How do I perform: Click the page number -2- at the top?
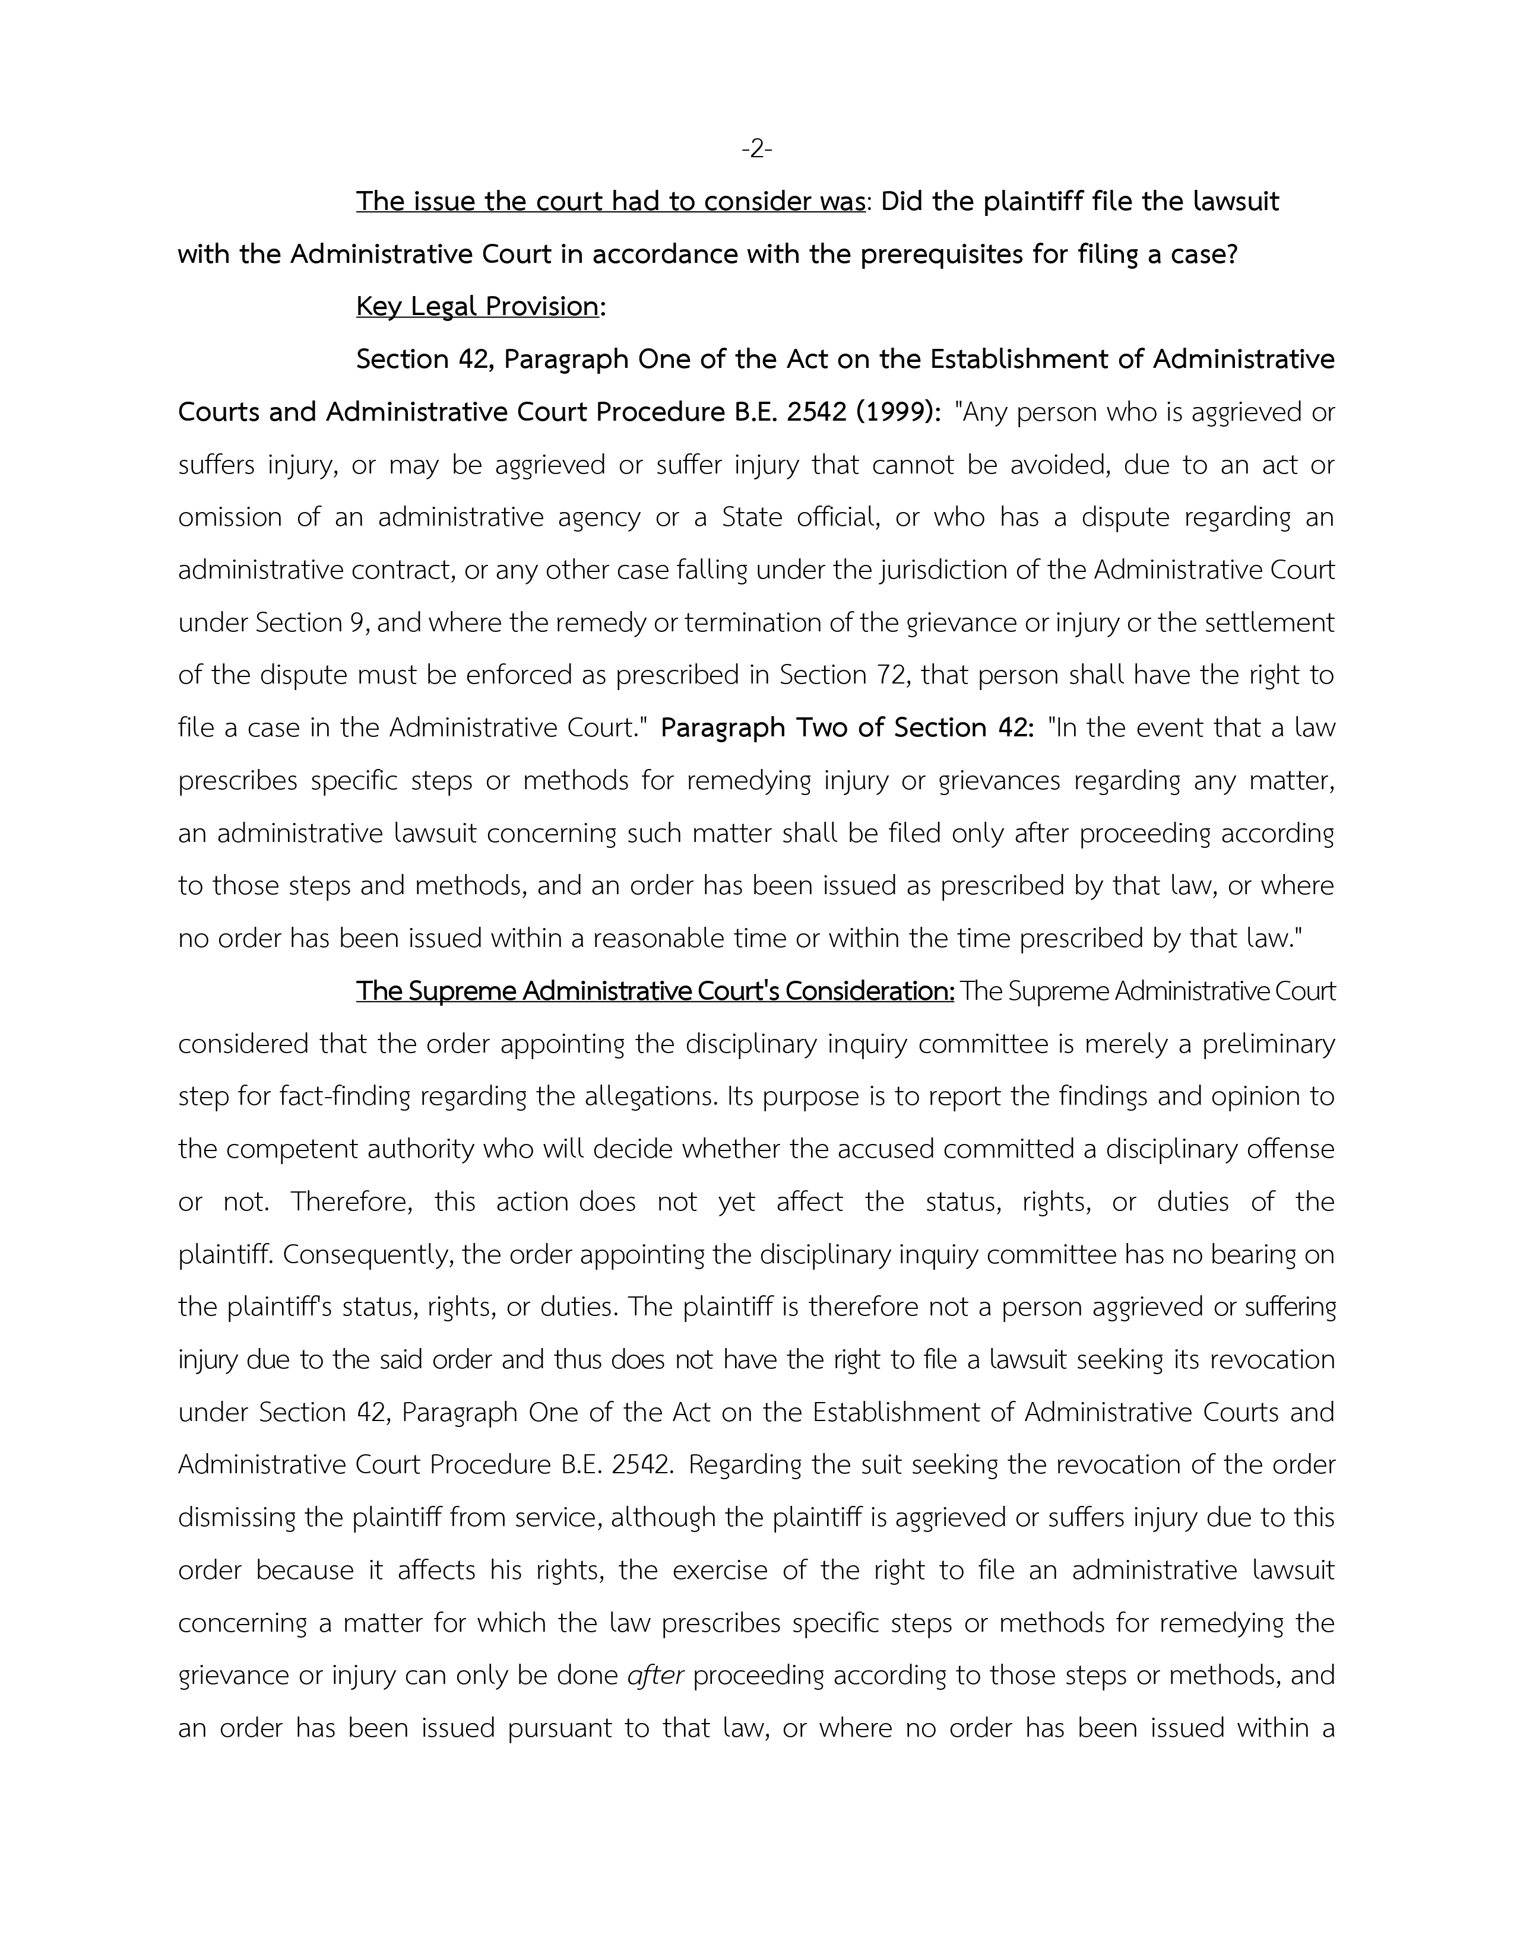point(756,149)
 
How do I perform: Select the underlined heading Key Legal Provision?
point(477,307)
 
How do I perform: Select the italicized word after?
point(655,1676)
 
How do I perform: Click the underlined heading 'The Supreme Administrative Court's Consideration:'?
point(655,991)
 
